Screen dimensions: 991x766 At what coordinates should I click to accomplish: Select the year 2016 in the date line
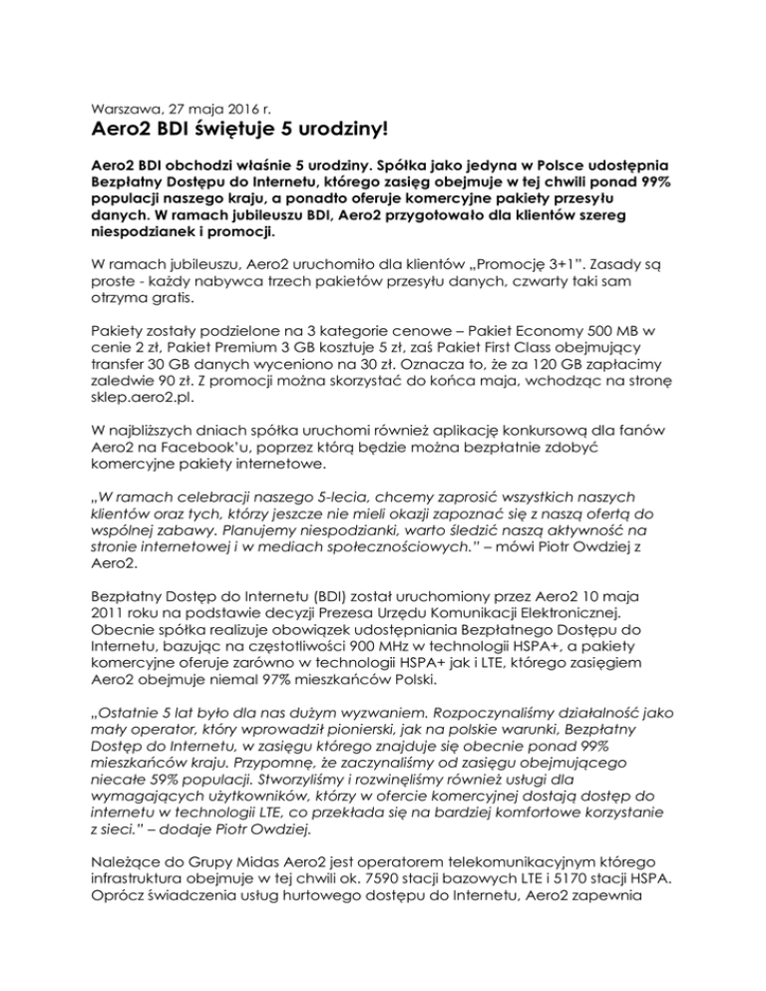(x=224, y=100)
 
